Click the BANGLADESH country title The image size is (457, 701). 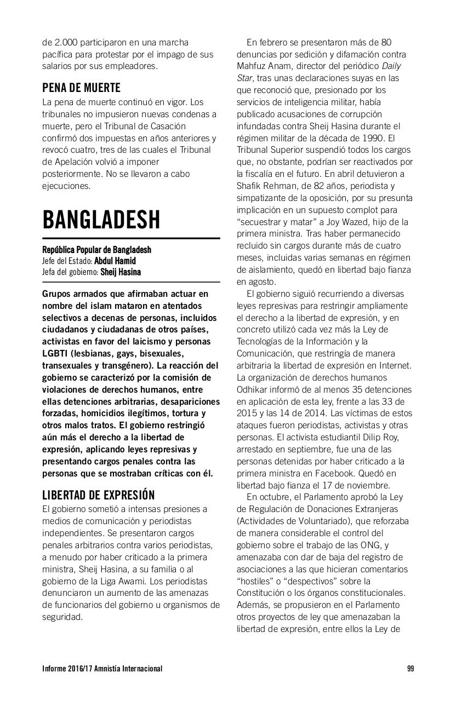[101, 220]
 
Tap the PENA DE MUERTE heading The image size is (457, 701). [81, 88]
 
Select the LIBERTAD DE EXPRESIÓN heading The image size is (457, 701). [99, 495]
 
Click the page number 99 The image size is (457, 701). [410, 668]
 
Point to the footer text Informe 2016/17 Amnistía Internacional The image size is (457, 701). [102, 668]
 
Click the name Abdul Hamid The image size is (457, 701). [115, 261]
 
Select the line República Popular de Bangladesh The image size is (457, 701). [96, 250]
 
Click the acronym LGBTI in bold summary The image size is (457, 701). [56, 353]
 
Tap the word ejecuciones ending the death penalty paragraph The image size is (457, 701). [66, 186]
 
